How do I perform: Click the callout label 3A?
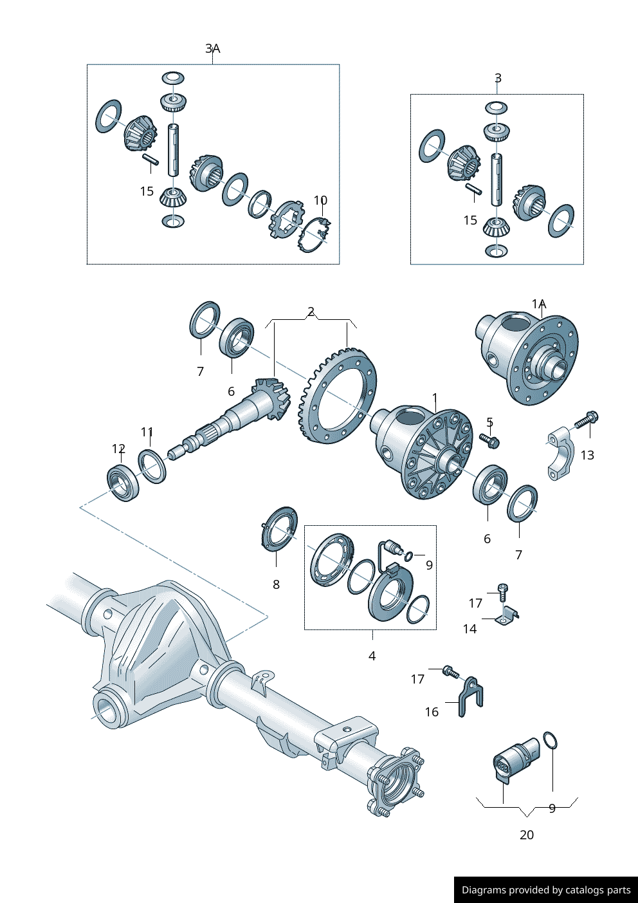click(212, 49)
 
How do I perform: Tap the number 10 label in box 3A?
click(320, 200)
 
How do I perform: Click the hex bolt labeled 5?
click(490, 441)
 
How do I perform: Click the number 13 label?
click(587, 455)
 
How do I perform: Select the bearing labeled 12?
click(123, 482)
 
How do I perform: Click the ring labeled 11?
click(152, 467)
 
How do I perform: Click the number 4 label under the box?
click(372, 656)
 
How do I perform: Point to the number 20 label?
click(526, 835)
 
